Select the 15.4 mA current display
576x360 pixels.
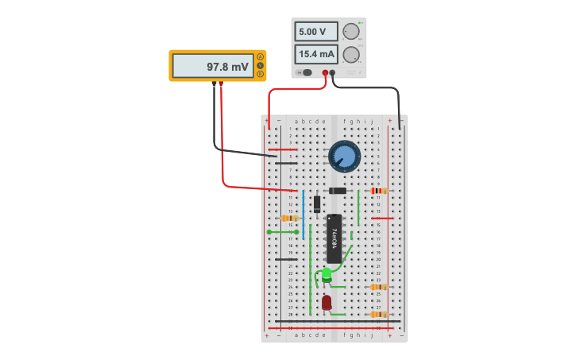click(315, 54)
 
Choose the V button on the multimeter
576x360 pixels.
click(260, 65)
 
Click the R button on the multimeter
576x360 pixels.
click(260, 74)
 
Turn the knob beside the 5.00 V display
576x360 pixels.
click(350, 32)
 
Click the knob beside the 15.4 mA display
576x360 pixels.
click(350, 54)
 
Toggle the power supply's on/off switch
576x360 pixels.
click(305, 72)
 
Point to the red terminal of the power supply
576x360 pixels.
click(325, 73)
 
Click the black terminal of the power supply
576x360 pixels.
click(333, 73)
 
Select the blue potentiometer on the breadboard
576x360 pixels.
click(344, 156)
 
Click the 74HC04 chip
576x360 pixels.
click(334, 238)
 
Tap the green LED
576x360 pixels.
click(327, 275)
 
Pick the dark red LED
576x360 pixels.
click(327, 302)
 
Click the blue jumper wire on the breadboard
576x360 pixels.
click(303, 215)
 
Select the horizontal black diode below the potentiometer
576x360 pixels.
click(338, 191)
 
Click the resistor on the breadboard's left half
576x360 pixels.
click(290, 218)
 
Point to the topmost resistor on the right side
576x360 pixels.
click(378, 191)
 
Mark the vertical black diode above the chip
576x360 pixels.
click(316, 203)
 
